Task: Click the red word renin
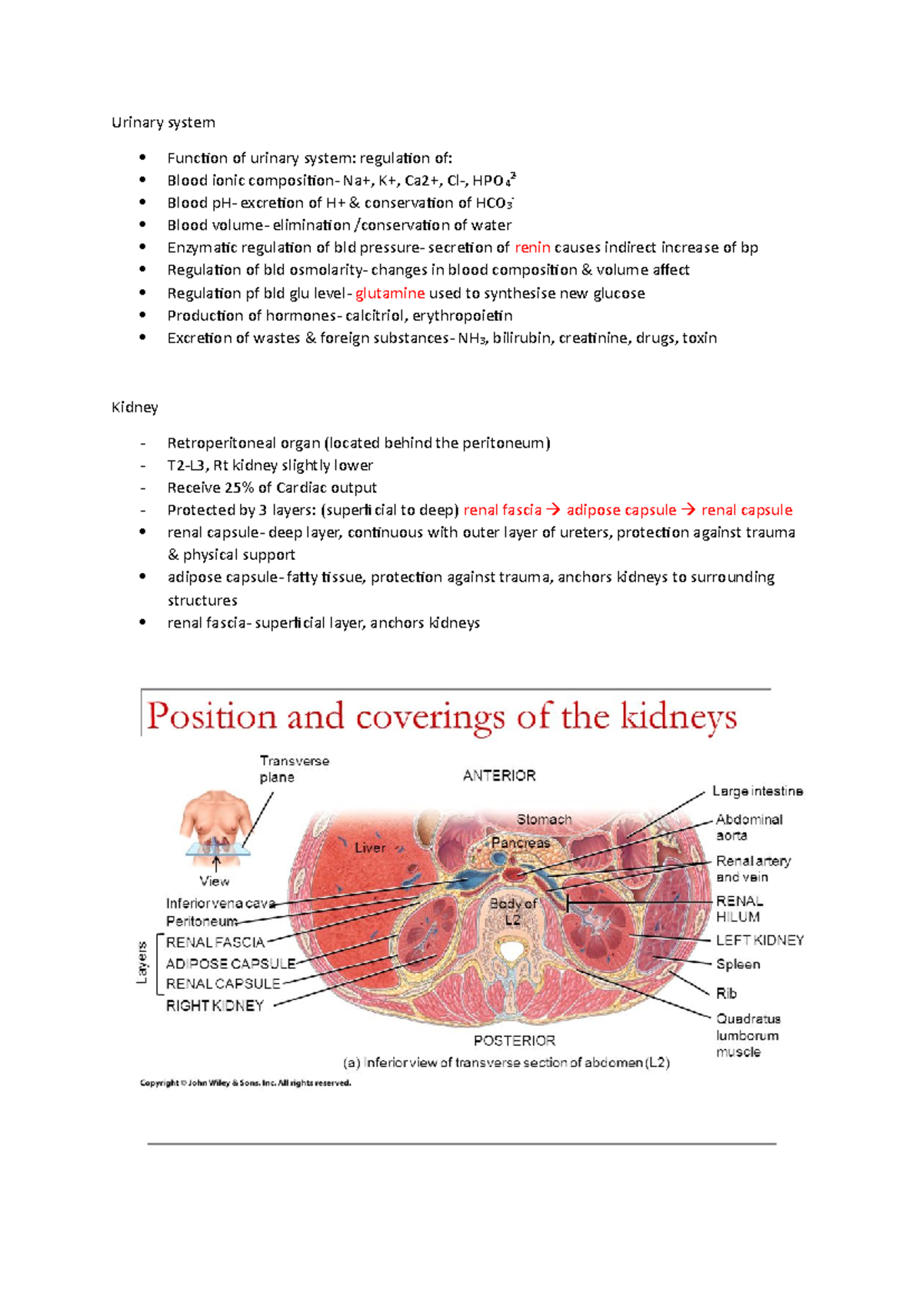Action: pyautogui.click(x=532, y=248)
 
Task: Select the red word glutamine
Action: pyautogui.click(x=390, y=293)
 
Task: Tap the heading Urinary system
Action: pyautogui.click(x=163, y=122)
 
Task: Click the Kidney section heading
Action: pyautogui.click(x=135, y=407)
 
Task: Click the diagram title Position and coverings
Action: pyautogui.click(x=442, y=717)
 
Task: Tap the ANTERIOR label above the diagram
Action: pyautogui.click(x=499, y=775)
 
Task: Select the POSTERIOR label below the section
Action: pyautogui.click(x=514, y=1041)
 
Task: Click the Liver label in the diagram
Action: pyautogui.click(x=370, y=848)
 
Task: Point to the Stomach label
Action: pyautogui.click(x=544, y=820)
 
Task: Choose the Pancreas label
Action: pyautogui.click(x=521, y=843)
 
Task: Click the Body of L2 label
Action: pyautogui.click(x=513, y=911)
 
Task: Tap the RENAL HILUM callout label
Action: pyautogui.click(x=739, y=908)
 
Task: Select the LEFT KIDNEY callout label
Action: pyautogui.click(x=760, y=940)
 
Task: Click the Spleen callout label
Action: pyautogui.click(x=738, y=964)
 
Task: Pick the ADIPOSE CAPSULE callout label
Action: pyautogui.click(x=231, y=964)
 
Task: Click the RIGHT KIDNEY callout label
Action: pyautogui.click(x=215, y=1005)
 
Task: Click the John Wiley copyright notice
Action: pyautogui.click(x=245, y=1083)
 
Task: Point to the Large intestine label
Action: pyautogui.click(x=757, y=791)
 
